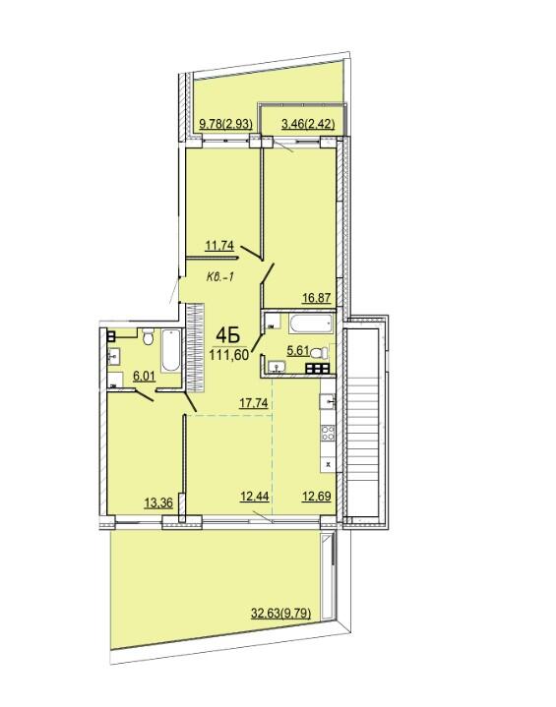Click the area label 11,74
click(219, 246)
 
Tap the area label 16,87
click(317, 298)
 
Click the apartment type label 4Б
click(227, 334)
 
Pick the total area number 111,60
click(229, 355)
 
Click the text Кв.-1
click(219, 277)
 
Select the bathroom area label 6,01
click(144, 376)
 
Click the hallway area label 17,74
click(254, 402)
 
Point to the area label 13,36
click(158, 502)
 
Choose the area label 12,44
click(255, 497)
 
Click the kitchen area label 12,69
click(316, 497)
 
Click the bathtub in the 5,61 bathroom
click(311, 324)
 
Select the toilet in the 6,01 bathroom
click(148, 336)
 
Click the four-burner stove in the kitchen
click(328, 433)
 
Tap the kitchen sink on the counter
click(327, 401)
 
